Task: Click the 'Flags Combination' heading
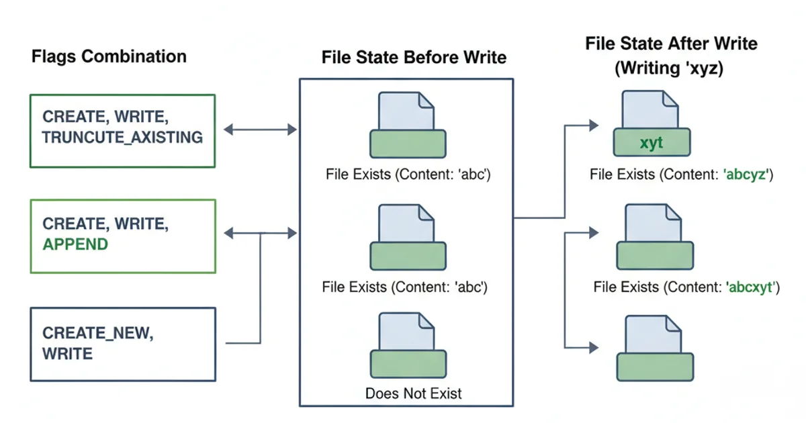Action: click(x=109, y=56)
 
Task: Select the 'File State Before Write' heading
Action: click(x=414, y=58)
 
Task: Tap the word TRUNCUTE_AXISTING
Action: click(x=122, y=138)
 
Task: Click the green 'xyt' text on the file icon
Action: click(x=652, y=144)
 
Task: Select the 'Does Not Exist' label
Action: click(x=414, y=393)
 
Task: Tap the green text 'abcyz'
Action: click(x=749, y=175)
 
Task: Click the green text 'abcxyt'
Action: click(x=752, y=287)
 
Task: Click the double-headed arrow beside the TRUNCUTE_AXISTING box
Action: click(x=260, y=130)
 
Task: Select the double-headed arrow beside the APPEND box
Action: click(x=260, y=233)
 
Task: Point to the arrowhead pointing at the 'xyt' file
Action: click(x=592, y=125)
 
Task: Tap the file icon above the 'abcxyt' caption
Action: click(x=654, y=237)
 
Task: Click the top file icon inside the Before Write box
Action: click(x=408, y=124)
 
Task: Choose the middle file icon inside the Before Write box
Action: click(x=408, y=237)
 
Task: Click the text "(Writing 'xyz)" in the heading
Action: click(x=671, y=68)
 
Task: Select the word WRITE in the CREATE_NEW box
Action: click(x=67, y=353)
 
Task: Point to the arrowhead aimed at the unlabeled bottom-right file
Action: click(x=592, y=347)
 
